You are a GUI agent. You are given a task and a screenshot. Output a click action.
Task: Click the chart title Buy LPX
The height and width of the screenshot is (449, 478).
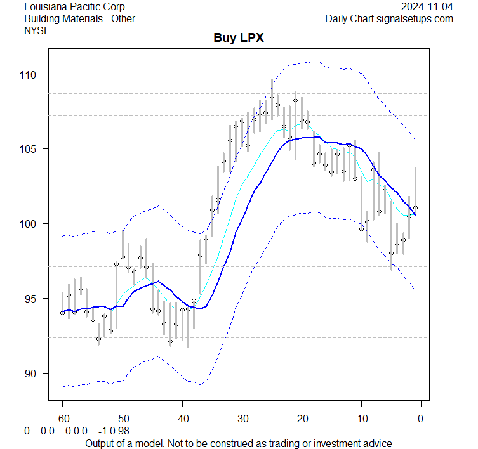coord(238,38)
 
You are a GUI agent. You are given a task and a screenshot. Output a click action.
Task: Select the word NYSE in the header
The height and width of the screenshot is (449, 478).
coord(37,30)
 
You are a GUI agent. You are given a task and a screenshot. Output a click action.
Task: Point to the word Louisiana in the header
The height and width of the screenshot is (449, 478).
coord(46,7)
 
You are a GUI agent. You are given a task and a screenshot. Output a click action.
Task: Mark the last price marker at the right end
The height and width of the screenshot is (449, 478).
coord(415,207)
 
